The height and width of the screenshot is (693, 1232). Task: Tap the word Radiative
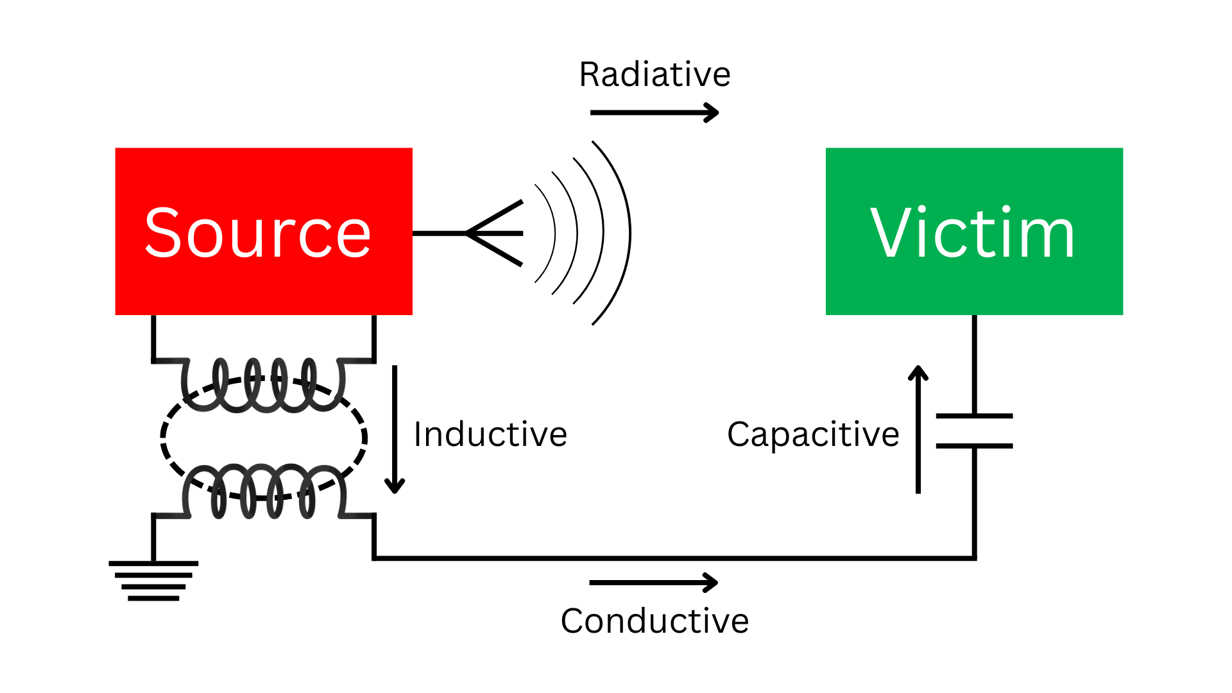point(654,74)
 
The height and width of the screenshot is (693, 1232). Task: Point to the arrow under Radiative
point(654,113)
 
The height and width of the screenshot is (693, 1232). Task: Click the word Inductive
point(490,434)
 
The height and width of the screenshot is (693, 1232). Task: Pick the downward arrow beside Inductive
point(395,430)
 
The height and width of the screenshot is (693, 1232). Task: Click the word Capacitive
point(813,434)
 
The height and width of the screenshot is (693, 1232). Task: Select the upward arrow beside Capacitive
point(918,430)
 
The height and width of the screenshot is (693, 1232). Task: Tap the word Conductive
point(654,621)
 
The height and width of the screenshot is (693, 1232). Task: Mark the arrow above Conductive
point(653,583)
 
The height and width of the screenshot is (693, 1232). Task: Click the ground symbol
point(153,581)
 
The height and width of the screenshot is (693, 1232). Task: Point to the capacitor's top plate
point(974,416)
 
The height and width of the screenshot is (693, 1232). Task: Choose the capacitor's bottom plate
point(974,445)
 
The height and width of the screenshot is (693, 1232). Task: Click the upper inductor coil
point(263,385)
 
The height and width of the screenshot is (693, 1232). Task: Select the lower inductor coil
point(263,491)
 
